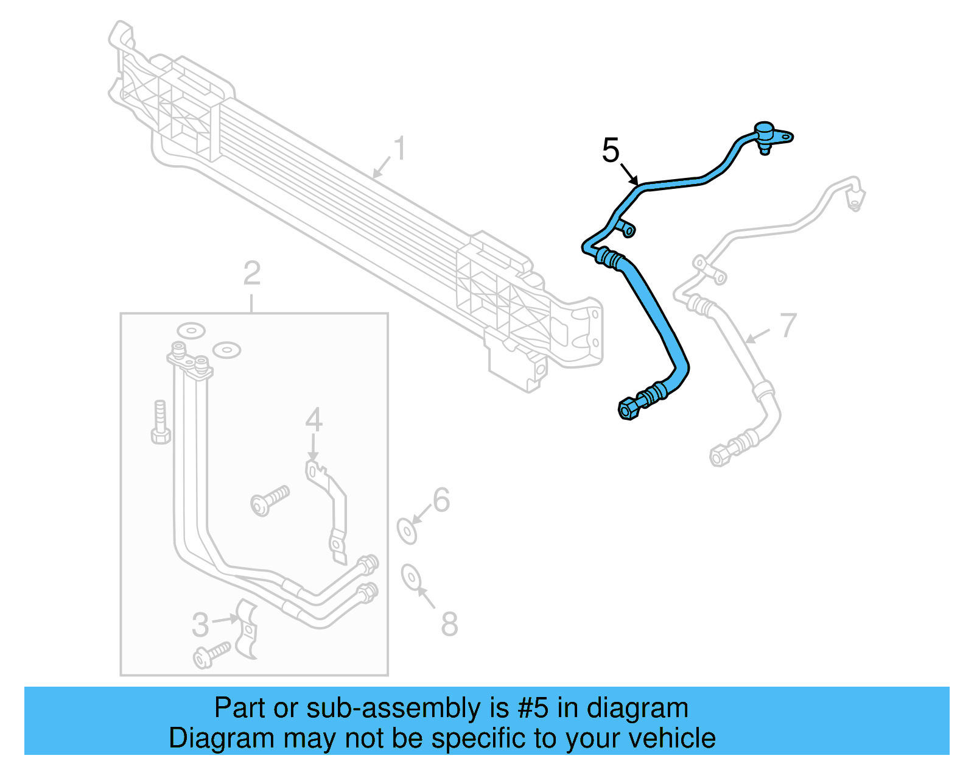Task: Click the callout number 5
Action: (x=611, y=150)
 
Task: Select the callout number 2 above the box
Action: (x=252, y=273)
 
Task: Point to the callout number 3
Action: (x=200, y=625)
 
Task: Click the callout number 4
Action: (x=314, y=420)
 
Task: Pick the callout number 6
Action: (x=441, y=500)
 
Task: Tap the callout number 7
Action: (x=788, y=325)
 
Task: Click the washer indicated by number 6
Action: (x=407, y=532)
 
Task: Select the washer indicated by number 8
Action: (x=410, y=577)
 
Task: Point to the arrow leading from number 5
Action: (x=629, y=174)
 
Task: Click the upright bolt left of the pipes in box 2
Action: (x=160, y=422)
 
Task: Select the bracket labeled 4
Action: (x=327, y=511)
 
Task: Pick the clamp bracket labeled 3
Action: (x=246, y=628)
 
